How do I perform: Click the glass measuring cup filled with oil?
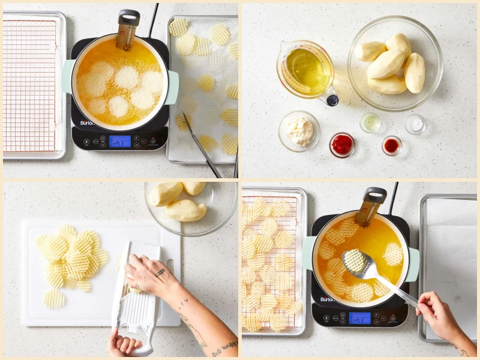point(305,69)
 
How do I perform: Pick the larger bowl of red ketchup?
point(342,145)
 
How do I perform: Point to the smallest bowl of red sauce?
point(392,145)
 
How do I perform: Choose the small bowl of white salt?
point(415,124)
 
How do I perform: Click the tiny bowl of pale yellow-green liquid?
point(371,122)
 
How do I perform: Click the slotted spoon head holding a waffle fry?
point(355,261)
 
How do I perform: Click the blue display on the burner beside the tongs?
point(120,141)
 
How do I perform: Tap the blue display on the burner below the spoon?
point(359,317)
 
